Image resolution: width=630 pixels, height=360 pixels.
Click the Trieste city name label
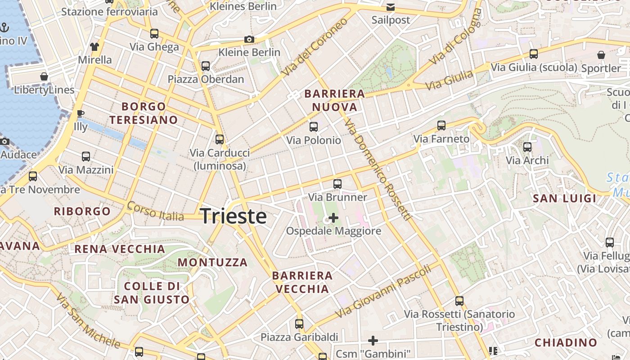(x=233, y=216)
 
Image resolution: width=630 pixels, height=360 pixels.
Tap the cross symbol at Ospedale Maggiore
(x=333, y=218)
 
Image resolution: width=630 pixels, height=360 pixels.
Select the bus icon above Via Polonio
(x=314, y=127)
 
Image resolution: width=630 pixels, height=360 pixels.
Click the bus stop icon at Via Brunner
(x=337, y=184)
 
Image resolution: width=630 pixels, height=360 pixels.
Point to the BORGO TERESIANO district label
(x=144, y=113)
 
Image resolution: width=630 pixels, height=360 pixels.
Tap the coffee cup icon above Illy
(x=81, y=113)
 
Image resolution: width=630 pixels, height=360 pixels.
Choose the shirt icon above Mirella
(x=94, y=46)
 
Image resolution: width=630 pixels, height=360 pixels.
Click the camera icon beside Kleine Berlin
(x=249, y=40)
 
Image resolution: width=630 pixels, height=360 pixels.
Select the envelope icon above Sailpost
(x=391, y=7)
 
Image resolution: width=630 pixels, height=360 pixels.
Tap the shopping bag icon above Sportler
(x=601, y=55)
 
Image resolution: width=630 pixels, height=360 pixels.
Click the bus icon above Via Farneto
(x=441, y=125)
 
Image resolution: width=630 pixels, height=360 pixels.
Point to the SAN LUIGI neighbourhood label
(x=564, y=198)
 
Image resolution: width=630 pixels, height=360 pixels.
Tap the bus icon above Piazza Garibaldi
(x=299, y=324)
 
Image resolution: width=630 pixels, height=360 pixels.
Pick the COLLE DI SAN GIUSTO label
(x=152, y=292)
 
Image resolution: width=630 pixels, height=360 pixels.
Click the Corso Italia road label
(x=155, y=211)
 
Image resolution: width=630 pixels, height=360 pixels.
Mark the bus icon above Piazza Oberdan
(x=206, y=66)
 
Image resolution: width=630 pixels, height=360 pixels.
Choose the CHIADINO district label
(x=566, y=342)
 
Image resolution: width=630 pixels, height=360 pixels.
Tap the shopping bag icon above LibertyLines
(x=44, y=76)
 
